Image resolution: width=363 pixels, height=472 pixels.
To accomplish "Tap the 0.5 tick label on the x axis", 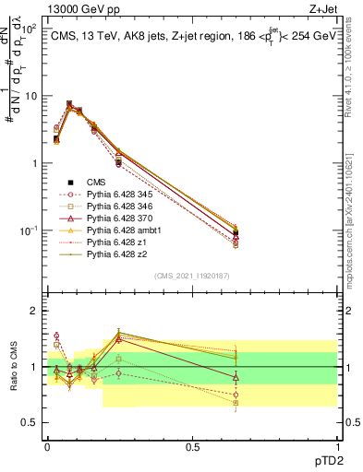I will pos(192,445).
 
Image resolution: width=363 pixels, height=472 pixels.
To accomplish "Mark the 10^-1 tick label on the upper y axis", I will pos(27,230).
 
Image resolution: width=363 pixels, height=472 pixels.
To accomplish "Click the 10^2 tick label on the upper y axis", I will pos(28,29).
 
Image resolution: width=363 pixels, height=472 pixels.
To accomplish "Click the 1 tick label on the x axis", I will pos(336,445).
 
